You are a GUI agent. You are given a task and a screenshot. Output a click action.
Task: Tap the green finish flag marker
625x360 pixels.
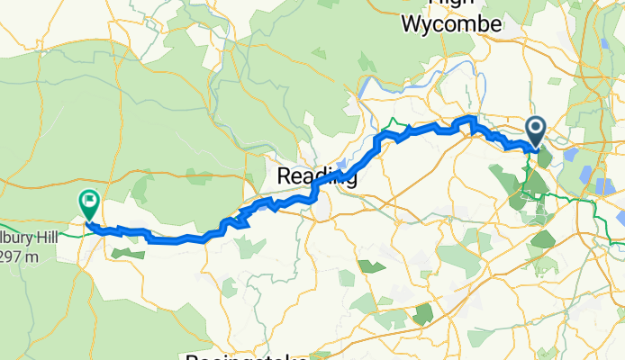[x=90, y=203]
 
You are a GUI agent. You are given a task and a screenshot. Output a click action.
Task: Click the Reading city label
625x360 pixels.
[x=316, y=177]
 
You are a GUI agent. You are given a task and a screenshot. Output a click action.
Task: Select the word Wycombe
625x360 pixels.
[x=450, y=25]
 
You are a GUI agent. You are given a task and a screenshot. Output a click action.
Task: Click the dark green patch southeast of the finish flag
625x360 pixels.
[x=127, y=255]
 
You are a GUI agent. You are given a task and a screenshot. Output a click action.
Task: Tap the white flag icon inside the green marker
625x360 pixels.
[x=90, y=200]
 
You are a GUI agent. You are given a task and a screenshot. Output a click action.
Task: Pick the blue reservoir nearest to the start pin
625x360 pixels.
[x=570, y=156]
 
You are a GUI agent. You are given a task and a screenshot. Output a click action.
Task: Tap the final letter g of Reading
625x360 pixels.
[x=350, y=179]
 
